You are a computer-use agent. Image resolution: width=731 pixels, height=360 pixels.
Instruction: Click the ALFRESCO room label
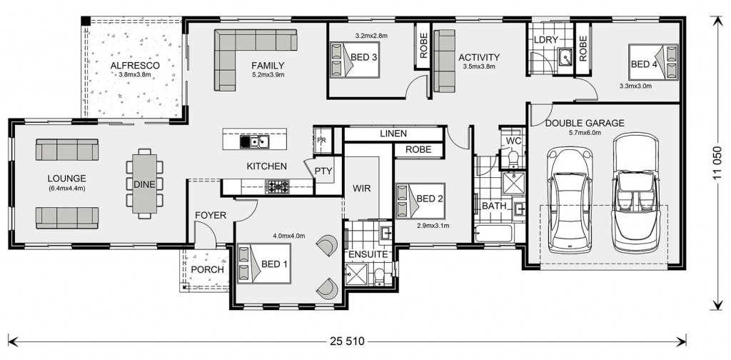coord(135,66)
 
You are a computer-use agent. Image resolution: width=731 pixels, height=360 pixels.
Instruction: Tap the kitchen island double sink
coord(254,141)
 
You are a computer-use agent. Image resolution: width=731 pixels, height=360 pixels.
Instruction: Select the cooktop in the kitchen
coord(277,186)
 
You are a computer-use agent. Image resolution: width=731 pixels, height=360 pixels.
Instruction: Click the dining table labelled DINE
coord(144,184)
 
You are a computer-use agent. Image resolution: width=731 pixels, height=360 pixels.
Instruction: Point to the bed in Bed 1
coord(264,264)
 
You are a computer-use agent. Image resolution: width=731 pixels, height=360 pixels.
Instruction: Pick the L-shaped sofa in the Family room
coord(243,52)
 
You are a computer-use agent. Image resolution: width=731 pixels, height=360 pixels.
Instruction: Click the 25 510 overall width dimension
coord(346,341)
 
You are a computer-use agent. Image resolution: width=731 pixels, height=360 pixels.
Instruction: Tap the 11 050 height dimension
coord(717,163)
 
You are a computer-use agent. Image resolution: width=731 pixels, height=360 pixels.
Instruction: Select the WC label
coord(513,141)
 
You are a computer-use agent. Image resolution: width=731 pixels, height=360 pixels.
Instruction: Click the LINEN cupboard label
coord(393,134)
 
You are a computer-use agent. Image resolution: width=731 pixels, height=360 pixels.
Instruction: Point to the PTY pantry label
coord(323,171)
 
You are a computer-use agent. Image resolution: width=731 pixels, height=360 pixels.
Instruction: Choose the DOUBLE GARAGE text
coord(585,123)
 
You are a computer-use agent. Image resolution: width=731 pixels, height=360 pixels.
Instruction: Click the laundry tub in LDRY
coord(566,57)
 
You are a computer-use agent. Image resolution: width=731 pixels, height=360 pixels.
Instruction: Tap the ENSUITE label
coord(368,254)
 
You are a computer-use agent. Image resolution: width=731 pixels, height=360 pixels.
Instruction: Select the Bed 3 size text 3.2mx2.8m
coord(371,36)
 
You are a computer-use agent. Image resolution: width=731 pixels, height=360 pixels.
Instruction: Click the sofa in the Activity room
coord(444,61)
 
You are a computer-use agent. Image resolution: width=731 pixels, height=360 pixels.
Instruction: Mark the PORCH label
coord(208,269)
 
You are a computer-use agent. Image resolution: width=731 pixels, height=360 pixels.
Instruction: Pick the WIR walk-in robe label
coord(361,189)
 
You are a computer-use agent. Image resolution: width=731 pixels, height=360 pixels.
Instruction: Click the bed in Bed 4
coord(653,62)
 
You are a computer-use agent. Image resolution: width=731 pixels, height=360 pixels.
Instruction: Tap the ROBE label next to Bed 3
coord(424,46)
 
